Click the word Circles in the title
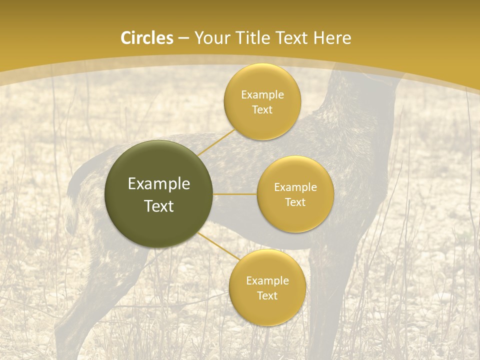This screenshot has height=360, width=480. point(146,38)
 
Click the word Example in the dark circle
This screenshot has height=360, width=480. point(159,184)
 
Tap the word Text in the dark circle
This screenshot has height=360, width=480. point(159,206)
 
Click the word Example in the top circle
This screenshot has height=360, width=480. point(262,95)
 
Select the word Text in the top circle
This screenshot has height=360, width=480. point(262,109)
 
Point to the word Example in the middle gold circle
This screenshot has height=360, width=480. point(295,187)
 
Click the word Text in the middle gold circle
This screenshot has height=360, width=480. point(295,202)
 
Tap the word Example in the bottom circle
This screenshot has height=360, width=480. point(267,280)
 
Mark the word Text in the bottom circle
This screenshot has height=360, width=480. point(267,295)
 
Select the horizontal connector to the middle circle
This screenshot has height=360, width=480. point(234,194)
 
